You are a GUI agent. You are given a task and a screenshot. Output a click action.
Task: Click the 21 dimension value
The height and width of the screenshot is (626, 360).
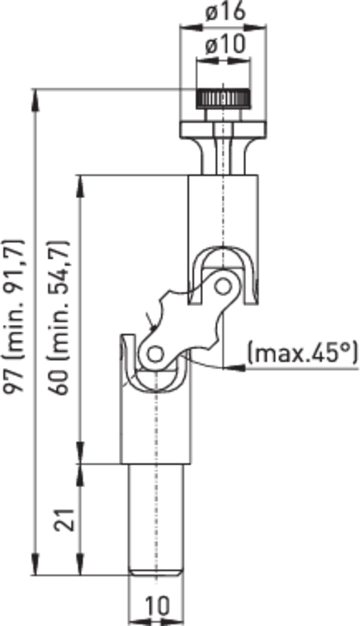(x=65, y=519)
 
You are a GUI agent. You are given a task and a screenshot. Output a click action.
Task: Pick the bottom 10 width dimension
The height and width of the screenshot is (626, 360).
(x=156, y=605)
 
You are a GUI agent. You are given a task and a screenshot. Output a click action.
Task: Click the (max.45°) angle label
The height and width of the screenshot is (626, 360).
(x=302, y=353)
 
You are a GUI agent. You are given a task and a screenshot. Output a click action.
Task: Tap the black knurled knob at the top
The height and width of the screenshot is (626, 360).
(x=223, y=99)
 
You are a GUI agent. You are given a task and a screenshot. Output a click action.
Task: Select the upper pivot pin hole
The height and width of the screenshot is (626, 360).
(x=222, y=286)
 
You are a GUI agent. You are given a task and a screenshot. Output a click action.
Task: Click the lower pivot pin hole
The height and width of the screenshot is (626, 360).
(x=156, y=354)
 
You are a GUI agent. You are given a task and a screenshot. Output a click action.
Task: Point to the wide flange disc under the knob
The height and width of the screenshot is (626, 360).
(x=223, y=130)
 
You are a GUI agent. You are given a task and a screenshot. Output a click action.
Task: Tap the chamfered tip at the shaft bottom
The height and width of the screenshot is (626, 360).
(x=156, y=572)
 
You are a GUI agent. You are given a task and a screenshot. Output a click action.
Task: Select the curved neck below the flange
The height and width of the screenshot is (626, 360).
(x=223, y=156)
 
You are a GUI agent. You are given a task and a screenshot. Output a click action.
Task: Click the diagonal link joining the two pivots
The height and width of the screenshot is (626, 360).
(x=189, y=320)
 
